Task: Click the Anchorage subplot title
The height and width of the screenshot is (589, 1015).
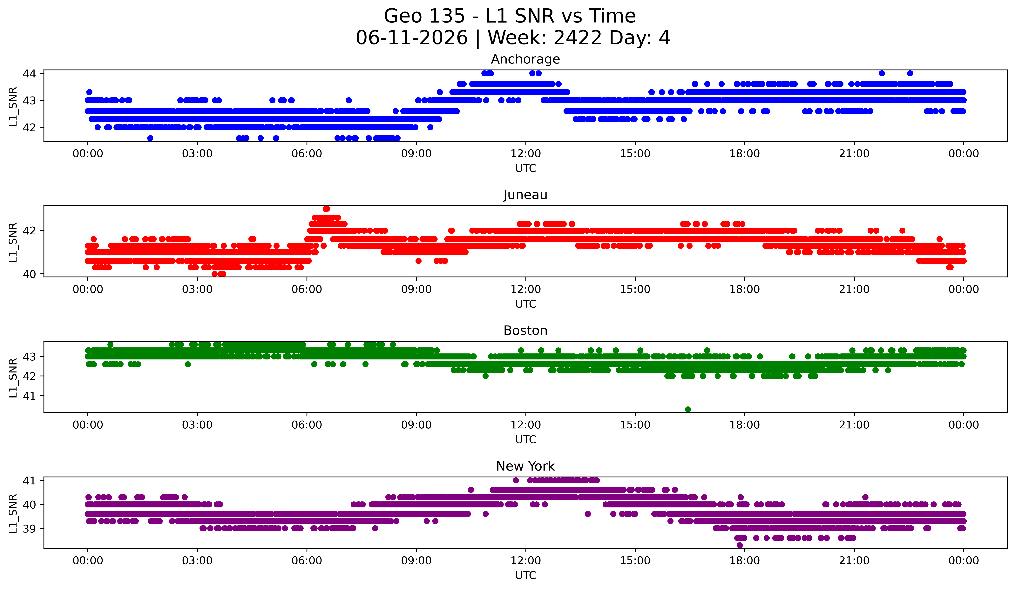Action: [x=525, y=59]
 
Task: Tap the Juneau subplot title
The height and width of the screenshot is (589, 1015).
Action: [x=525, y=195]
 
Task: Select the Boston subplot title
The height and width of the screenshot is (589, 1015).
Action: [x=525, y=331]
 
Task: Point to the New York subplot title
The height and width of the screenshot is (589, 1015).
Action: [x=525, y=466]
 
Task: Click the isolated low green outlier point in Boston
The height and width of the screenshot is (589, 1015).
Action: [x=688, y=409]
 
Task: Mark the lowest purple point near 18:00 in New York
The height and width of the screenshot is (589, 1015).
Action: [x=740, y=545]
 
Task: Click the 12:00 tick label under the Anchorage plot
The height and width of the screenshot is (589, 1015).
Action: [x=526, y=154]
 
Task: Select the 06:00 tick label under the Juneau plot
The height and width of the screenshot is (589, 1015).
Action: [x=307, y=290]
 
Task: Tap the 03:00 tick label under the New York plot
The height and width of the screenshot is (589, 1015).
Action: [x=197, y=561]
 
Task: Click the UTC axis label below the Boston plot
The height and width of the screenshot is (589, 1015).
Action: [x=526, y=440]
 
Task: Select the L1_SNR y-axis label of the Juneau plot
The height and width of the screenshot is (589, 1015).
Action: [x=13, y=242]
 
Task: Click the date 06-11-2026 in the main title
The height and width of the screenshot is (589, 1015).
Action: [x=412, y=38]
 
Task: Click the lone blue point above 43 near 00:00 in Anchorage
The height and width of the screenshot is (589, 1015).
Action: [x=89, y=92]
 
